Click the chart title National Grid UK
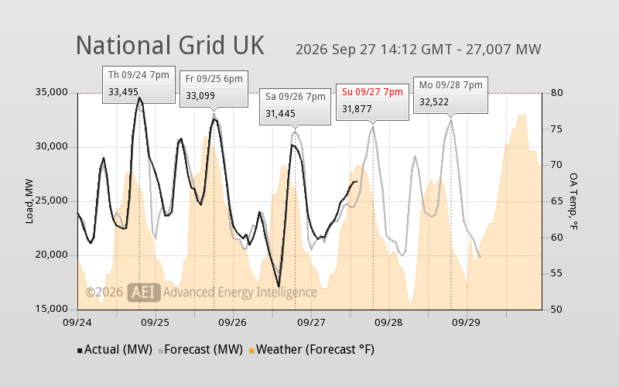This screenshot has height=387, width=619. (169, 46)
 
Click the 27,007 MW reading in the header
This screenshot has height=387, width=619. (504, 50)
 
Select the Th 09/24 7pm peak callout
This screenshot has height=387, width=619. (139, 84)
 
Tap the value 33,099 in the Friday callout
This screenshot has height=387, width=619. (200, 95)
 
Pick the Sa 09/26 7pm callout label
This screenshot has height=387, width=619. (296, 96)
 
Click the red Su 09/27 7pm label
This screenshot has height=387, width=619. (372, 92)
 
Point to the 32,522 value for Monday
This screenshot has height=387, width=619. (434, 102)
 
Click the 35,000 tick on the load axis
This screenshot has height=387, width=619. (52, 92)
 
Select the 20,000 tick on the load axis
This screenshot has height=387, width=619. (52, 255)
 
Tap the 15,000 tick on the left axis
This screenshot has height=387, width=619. (52, 309)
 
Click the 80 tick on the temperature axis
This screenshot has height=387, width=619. (556, 92)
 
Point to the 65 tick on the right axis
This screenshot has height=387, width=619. (556, 201)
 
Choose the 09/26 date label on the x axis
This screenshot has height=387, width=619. (233, 322)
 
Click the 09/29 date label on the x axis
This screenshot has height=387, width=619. (467, 322)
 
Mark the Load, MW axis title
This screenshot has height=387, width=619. (29, 201)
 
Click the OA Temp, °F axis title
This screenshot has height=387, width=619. (573, 201)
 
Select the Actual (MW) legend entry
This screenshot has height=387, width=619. (115, 350)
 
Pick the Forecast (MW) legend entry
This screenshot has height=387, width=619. (200, 350)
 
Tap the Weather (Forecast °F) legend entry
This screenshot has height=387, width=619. (312, 350)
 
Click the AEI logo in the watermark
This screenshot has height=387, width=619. (144, 293)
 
